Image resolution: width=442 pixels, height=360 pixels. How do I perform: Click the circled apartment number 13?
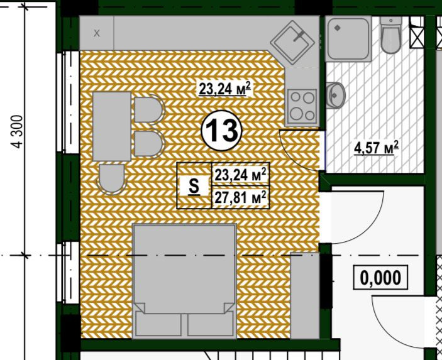point(221,131)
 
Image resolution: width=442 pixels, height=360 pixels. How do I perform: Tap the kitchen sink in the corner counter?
point(292,42)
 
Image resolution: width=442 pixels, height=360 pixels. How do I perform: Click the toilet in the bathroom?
point(390,35)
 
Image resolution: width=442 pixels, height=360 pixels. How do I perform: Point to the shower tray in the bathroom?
point(348,38)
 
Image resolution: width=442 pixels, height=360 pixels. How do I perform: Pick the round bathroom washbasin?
point(336,95)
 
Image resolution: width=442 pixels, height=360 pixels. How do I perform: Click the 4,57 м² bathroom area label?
point(377,148)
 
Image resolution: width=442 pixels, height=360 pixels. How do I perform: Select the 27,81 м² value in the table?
point(240,197)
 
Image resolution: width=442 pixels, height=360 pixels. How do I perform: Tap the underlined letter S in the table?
point(194,186)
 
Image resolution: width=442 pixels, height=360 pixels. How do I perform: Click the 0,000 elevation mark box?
point(380,277)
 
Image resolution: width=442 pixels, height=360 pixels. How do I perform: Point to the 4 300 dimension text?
point(18,131)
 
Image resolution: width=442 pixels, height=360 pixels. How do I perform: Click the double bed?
point(184,281)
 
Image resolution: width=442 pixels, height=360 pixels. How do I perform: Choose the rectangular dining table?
point(112,126)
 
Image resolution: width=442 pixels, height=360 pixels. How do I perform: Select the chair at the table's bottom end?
point(112,179)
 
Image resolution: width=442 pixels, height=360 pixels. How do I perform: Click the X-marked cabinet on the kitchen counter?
point(97,33)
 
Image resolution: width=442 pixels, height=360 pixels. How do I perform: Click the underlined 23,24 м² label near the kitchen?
point(224,89)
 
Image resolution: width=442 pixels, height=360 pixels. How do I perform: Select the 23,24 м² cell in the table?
point(240,174)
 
